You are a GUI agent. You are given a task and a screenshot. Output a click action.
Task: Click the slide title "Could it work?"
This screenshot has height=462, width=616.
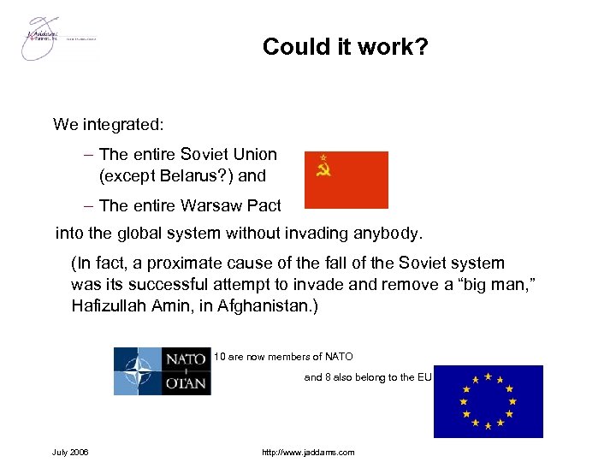click(x=345, y=46)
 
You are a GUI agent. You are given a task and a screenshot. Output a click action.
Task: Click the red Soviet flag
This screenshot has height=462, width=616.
click(x=346, y=180)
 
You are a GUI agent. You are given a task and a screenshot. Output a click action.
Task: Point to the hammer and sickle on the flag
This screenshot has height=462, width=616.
click(x=323, y=167)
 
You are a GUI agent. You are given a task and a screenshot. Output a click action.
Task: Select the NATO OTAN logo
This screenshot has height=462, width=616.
click(x=163, y=371)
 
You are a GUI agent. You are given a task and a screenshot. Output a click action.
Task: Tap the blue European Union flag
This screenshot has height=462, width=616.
click(x=489, y=401)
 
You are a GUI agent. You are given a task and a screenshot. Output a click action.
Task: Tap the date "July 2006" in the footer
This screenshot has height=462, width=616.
click(x=70, y=452)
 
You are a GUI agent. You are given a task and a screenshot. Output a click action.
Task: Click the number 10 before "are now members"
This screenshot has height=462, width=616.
click(x=219, y=357)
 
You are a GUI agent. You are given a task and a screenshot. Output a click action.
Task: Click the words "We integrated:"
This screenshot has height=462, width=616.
click(x=109, y=125)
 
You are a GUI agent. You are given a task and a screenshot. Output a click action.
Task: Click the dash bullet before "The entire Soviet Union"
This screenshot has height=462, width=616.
click(x=90, y=155)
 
